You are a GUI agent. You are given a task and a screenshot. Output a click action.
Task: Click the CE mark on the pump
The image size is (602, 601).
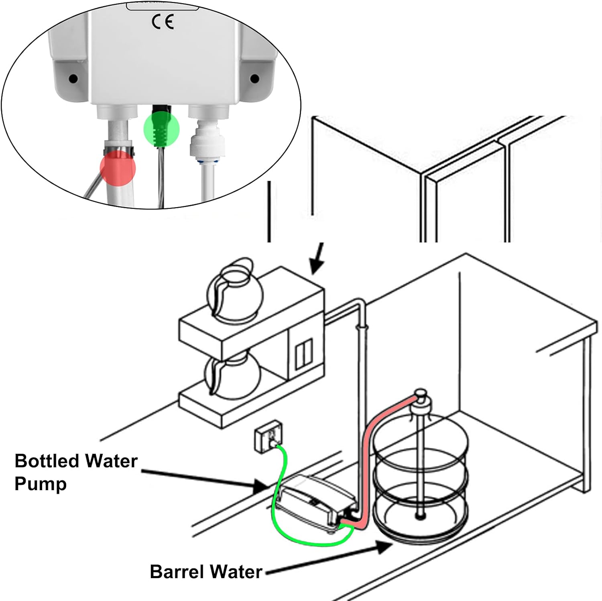pos(163,22)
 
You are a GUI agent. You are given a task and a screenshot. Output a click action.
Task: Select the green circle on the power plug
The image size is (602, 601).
pos(161,129)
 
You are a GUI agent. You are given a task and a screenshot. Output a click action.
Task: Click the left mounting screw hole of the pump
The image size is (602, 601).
pos(73,78)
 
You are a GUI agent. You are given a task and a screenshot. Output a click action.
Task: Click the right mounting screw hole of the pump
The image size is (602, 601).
pos(254,78)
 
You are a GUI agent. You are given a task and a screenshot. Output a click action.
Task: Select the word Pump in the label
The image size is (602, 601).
pos(40,484)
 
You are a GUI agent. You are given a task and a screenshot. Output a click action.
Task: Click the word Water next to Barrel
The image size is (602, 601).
pos(234,571)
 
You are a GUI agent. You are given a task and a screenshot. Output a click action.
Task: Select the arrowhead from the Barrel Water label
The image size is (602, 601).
pos(384,546)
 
